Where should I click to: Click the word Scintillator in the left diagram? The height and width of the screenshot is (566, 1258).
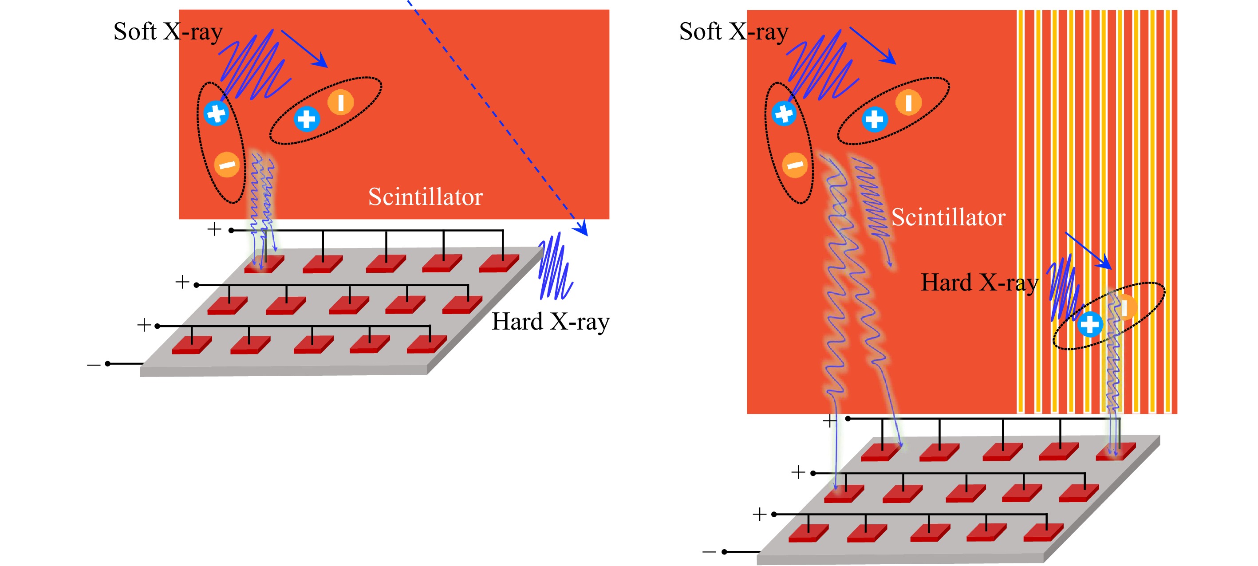[x=426, y=197]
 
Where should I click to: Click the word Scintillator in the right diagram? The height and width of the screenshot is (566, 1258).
[x=948, y=218]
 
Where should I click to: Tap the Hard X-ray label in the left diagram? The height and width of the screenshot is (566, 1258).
[x=550, y=322]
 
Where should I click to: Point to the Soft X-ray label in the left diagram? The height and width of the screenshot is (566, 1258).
[x=168, y=32]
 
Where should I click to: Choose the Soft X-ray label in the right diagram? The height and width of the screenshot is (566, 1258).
[x=734, y=32]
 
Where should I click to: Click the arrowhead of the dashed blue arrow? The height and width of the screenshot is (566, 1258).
[x=582, y=228]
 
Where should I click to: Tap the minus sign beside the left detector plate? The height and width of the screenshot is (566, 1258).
[x=93, y=365]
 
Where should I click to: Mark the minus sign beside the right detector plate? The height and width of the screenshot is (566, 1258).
[x=709, y=552]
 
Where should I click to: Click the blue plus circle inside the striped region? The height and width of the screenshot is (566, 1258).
[x=1089, y=325]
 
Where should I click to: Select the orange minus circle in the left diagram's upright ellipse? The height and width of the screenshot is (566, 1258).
[x=227, y=165]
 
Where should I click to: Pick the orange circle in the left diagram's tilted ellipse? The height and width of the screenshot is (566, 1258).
[x=340, y=102]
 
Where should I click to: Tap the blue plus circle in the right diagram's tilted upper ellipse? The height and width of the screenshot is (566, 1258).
[x=874, y=119]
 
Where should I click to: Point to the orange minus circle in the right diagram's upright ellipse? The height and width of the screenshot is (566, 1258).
[x=795, y=165]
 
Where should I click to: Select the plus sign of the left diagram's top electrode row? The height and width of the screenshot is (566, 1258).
[x=214, y=229]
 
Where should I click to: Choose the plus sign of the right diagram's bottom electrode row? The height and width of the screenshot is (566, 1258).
[x=759, y=514]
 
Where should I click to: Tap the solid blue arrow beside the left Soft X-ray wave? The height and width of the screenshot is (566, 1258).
[x=304, y=48]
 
